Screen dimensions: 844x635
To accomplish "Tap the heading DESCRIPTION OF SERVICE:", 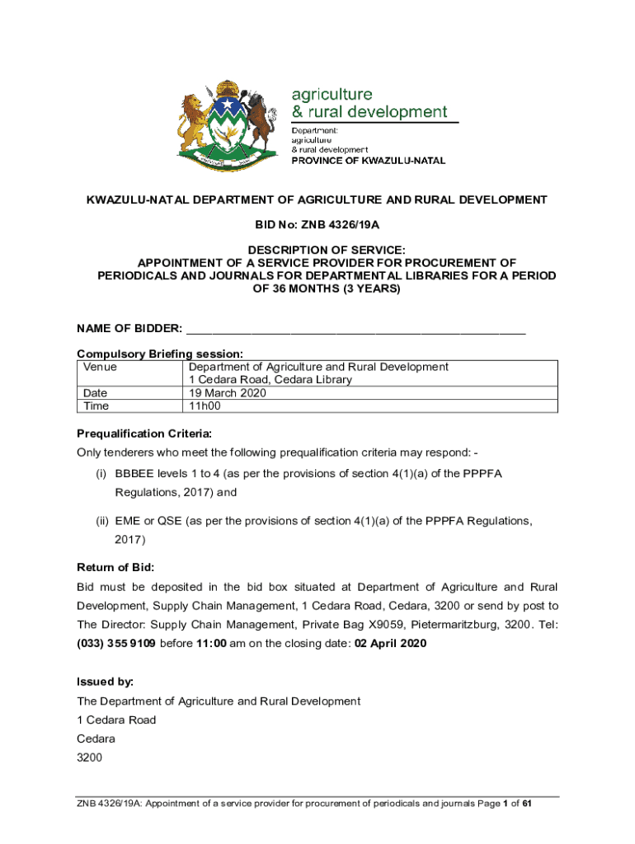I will tap(317, 250).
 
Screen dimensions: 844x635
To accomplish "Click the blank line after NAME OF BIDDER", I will tap(355, 329).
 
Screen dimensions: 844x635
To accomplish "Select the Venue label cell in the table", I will tap(100, 367).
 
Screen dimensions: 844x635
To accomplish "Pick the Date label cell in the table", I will tap(96, 393).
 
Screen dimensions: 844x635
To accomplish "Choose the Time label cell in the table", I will tap(96, 406).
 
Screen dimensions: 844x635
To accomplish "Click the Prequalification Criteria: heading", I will tap(144, 433).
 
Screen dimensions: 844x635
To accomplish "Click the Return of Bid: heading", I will tap(115, 567).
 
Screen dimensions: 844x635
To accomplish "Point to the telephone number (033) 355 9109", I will tap(116, 643).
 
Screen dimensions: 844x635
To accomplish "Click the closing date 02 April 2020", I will tap(390, 643).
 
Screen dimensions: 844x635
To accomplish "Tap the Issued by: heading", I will tap(105, 682).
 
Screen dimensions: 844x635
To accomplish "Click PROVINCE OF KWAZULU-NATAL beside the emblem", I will tap(369, 161).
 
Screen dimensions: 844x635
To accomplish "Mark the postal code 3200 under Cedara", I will tap(90, 756).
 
